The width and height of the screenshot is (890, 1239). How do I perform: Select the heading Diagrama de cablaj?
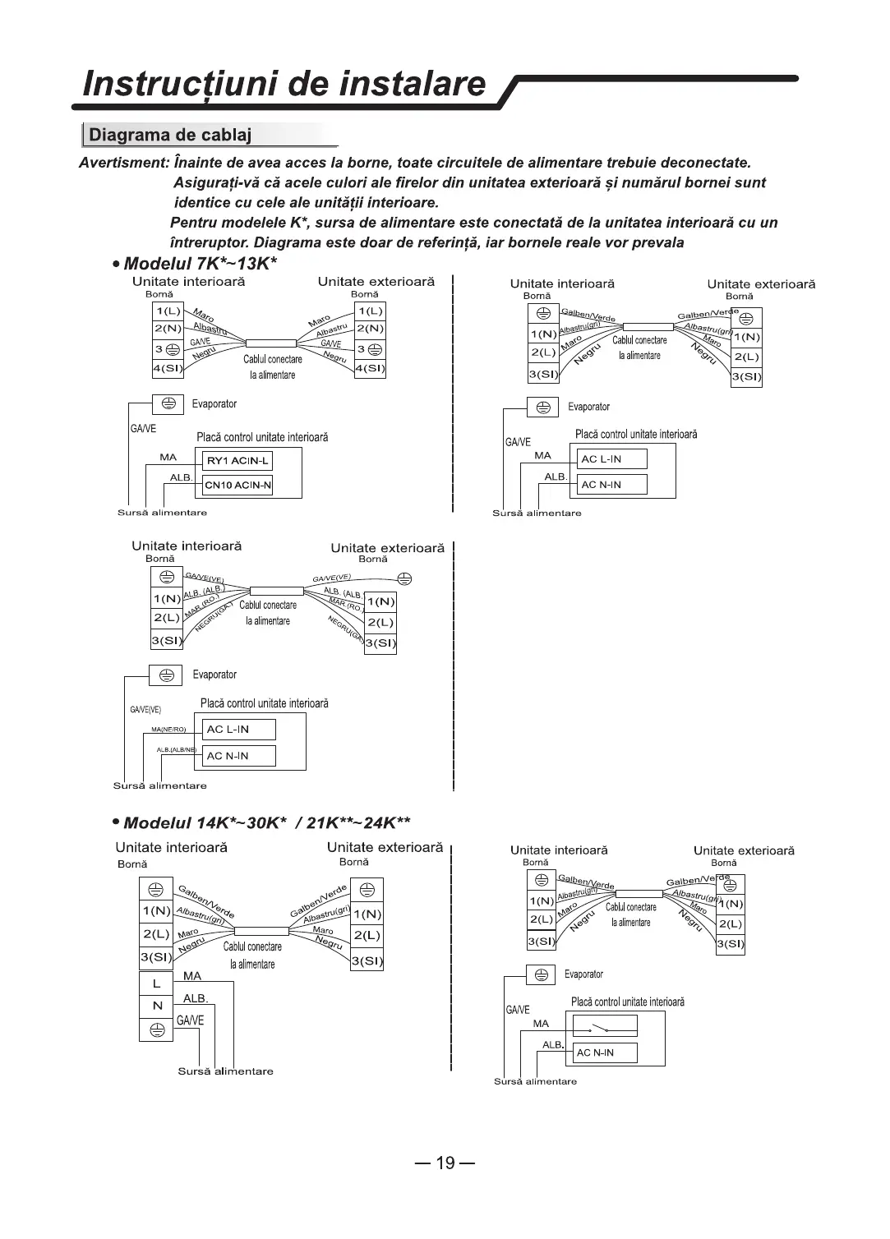pyautogui.click(x=170, y=135)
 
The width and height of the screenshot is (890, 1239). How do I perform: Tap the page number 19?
pyautogui.click(x=445, y=1163)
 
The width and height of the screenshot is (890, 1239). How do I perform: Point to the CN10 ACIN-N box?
pyautogui.click(x=237, y=486)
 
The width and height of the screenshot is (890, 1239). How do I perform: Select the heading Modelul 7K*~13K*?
pyautogui.click(x=201, y=265)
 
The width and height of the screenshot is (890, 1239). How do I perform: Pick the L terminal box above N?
pyautogui.click(x=156, y=983)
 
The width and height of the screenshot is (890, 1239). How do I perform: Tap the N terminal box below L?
pyautogui.click(x=156, y=1006)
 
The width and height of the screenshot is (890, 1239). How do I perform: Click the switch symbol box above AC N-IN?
pyautogui.click(x=604, y=1027)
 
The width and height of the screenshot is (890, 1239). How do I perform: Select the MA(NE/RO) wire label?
pyautogui.click(x=168, y=730)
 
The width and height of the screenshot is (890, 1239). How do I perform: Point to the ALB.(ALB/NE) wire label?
pyautogui.click(x=176, y=749)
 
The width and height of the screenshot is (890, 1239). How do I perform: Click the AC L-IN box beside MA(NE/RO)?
pyautogui.click(x=238, y=730)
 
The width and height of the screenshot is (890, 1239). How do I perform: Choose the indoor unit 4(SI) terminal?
pyautogui.click(x=168, y=368)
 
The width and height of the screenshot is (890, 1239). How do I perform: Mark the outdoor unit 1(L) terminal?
pyautogui.click(x=370, y=311)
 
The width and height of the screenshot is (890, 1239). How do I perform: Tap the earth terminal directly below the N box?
pyautogui.click(x=156, y=1028)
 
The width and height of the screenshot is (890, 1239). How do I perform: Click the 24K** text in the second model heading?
pyautogui.click(x=383, y=823)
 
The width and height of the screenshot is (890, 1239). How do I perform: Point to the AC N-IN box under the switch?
pyautogui.click(x=604, y=1052)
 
